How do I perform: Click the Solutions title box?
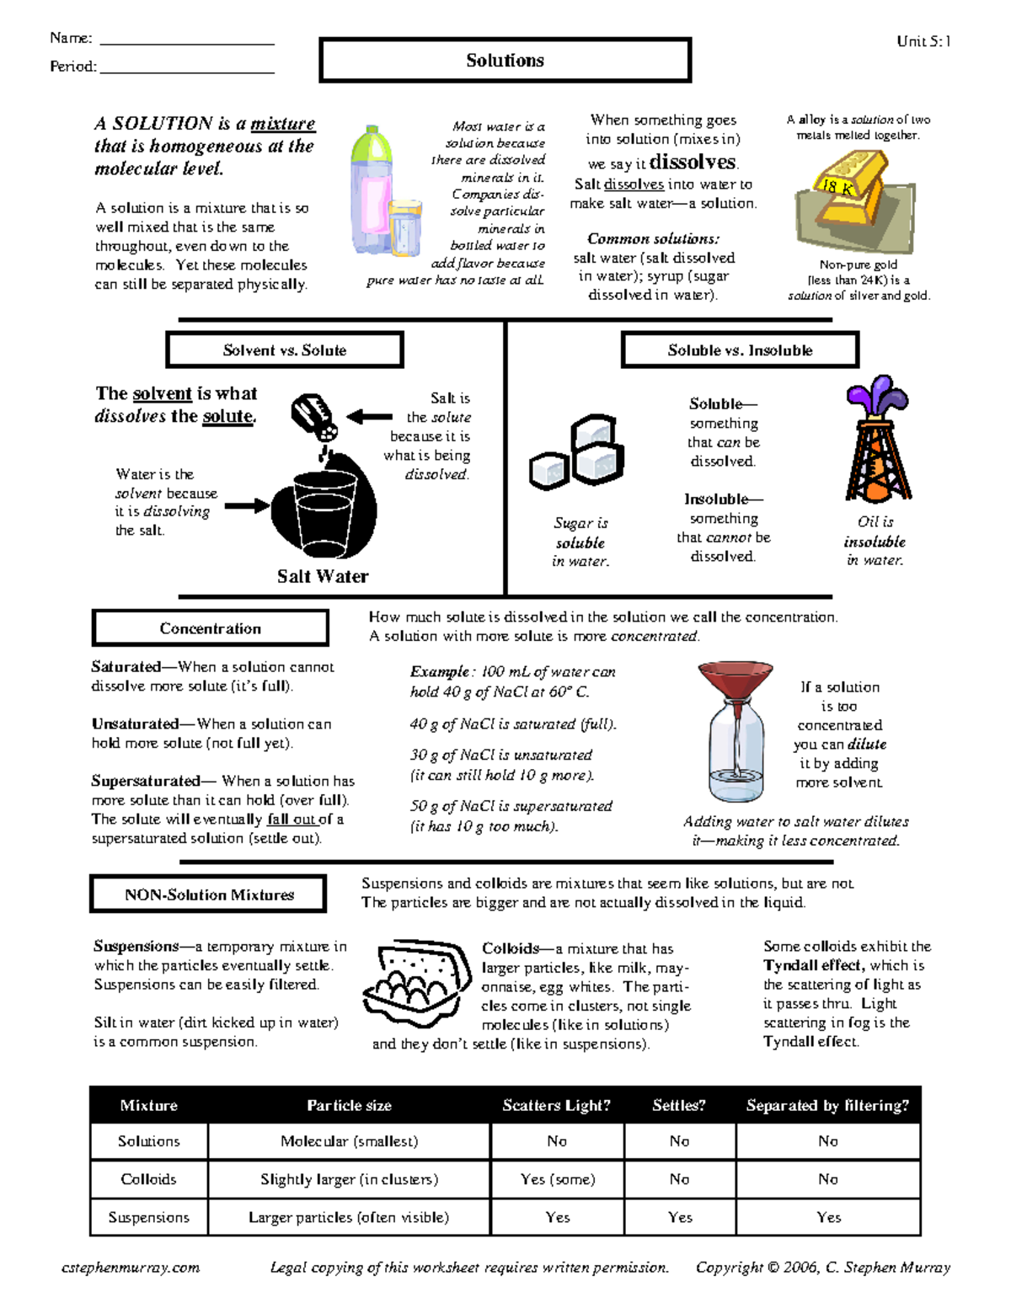[505, 61]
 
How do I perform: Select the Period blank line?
[186, 71]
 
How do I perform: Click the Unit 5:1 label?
[923, 41]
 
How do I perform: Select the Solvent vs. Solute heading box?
[285, 350]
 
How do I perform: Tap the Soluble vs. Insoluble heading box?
[740, 350]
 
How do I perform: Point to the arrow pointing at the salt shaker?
[369, 417]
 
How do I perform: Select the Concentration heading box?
[210, 628]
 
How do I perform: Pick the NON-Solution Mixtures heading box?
[208, 894]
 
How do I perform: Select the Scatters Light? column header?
[556, 1105]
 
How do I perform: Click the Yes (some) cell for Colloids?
[557, 1179]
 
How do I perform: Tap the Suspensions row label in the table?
[148, 1217]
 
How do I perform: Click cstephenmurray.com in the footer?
[131, 1268]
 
